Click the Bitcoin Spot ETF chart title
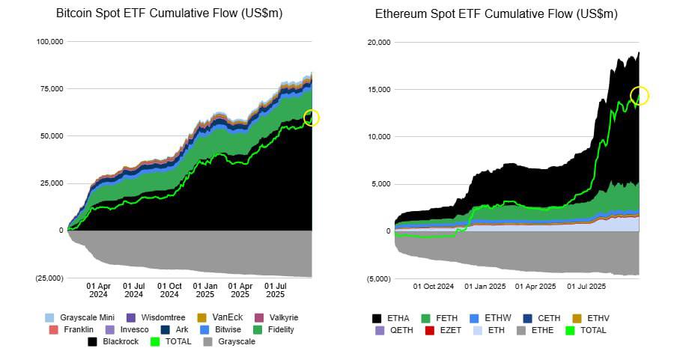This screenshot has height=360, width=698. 170,14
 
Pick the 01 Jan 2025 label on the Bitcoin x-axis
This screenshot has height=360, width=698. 205,290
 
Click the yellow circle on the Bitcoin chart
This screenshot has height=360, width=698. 312,118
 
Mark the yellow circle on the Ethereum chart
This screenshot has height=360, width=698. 640,95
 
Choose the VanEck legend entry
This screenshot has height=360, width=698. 219,317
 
